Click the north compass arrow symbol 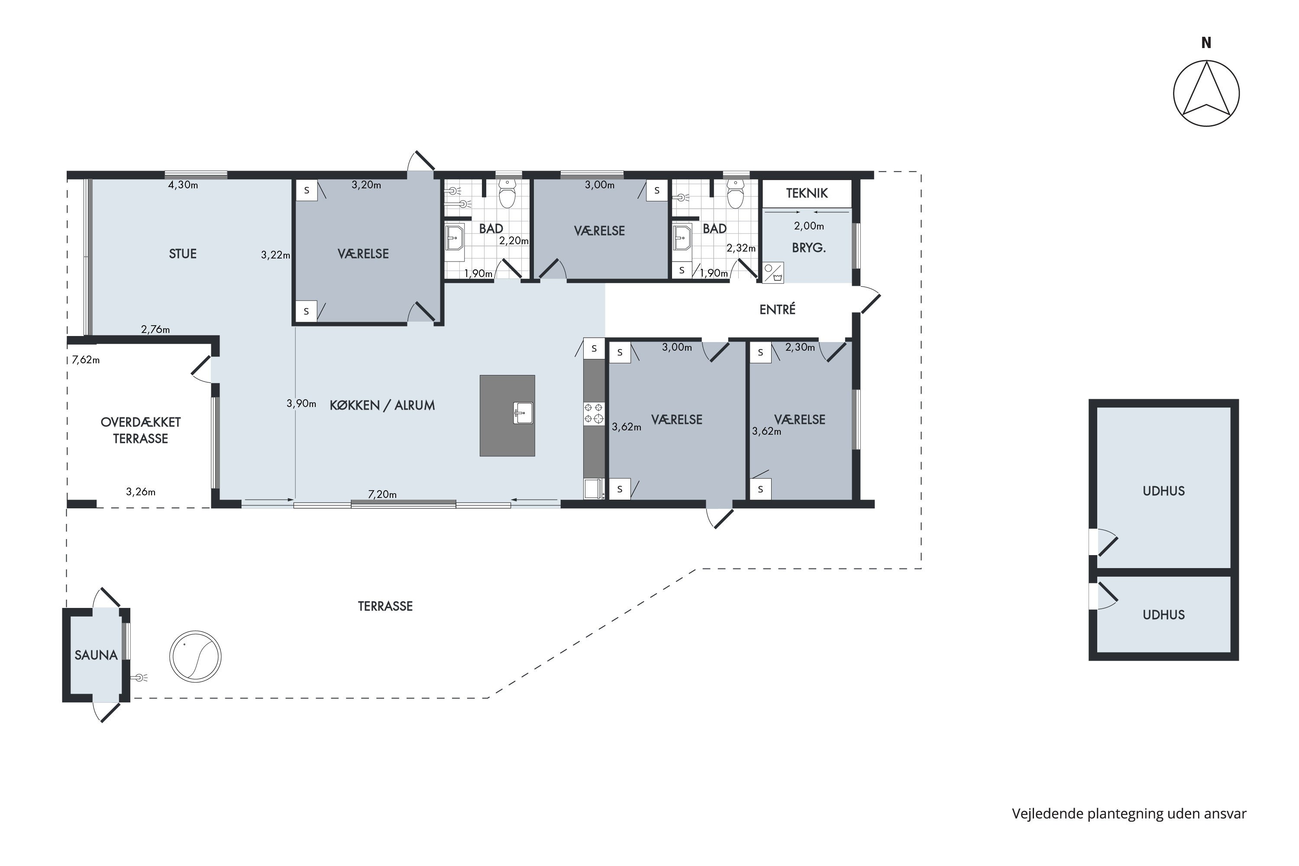1206,93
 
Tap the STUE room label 183,254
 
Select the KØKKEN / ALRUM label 382,405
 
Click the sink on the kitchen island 523,413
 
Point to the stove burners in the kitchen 594,414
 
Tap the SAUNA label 96,655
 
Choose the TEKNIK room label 807,193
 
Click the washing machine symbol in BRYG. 773,273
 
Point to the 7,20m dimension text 382,494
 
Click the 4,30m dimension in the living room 183,185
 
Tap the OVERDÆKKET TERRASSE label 140,430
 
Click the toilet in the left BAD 507,193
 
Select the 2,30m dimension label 800,347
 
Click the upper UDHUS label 1164,491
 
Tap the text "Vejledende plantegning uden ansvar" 1129,814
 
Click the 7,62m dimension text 86,360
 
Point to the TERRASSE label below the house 385,607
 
